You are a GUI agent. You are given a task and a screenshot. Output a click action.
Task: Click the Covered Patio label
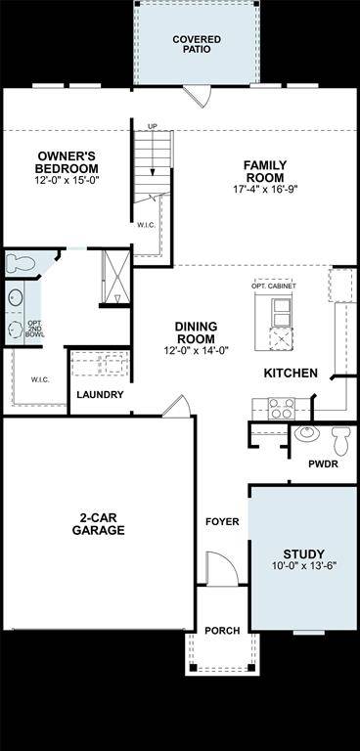tap(197, 44)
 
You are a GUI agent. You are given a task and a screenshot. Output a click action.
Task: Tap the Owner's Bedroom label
tap(67, 161)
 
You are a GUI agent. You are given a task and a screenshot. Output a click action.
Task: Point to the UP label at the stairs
tap(153, 127)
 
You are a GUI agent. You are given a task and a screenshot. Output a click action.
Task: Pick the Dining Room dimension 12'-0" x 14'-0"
tap(196, 350)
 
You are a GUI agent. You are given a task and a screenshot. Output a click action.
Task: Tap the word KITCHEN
tap(291, 373)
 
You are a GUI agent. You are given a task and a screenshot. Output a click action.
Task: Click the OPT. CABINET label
tap(276, 285)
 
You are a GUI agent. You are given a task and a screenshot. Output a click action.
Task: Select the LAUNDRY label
tap(100, 395)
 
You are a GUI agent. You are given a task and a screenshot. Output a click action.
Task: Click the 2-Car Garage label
tap(98, 524)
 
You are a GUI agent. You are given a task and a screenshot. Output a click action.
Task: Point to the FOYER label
tap(222, 522)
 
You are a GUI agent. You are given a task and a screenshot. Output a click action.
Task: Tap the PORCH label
tap(221, 631)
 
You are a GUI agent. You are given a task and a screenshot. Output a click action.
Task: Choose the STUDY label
tap(304, 553)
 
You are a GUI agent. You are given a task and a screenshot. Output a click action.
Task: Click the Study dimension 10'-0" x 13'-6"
tap(304, 567)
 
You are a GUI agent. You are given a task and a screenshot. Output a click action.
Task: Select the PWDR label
tap(323, 464)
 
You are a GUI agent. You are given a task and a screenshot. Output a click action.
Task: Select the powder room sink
tap(305, 432)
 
